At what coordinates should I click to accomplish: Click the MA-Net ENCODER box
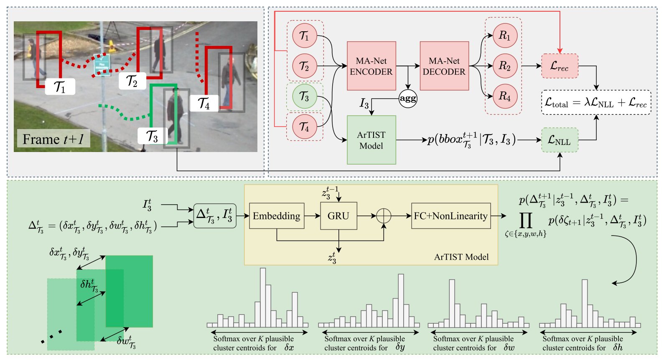(x=371, y=66)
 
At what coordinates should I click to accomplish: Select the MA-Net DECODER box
(x=444, y=66)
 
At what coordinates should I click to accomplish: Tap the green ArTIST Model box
(x=371, y=140)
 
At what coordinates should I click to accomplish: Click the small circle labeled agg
(x=407, y=99)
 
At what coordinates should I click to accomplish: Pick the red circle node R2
(x=505, y=66)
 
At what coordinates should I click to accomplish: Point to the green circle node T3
(x=305, y=96)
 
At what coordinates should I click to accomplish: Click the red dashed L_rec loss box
(x=559, y=66)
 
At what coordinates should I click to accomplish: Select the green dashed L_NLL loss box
(x=559, y=140)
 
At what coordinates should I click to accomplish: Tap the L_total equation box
(x=595, y=102)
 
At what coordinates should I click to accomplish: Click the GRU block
(x=338, y=216)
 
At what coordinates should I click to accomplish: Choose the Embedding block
(x=276, y=216)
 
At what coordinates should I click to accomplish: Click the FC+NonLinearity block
(x=450, y=216)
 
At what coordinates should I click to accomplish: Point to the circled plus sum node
(x=383, y=216)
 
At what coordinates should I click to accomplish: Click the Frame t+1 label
(x=53, y=139)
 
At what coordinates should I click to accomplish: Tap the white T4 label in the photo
(x=204, y=103)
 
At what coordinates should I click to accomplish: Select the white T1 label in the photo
(x=60, y=86)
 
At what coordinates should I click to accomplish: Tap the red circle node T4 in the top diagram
(x=305, y=127)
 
